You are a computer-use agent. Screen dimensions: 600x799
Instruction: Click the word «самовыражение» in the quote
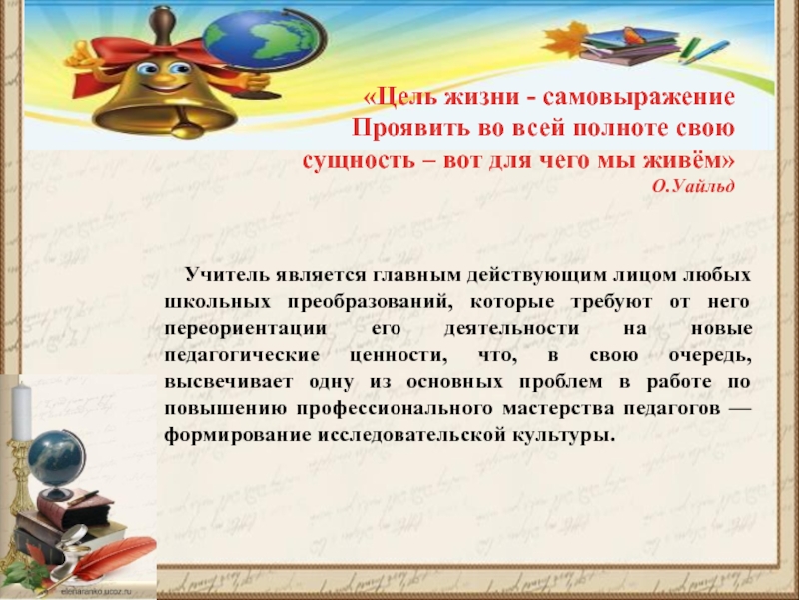(x=654, y=100)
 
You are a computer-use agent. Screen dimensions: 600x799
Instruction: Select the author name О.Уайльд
(x=695, y=187)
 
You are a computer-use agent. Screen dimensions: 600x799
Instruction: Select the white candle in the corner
(x=21, y=410)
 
